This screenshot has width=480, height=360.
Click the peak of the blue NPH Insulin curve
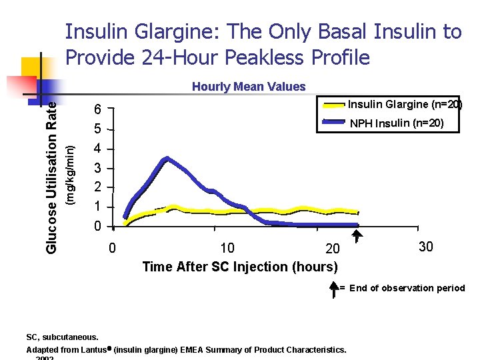pyautogui.click(x=167, y=159)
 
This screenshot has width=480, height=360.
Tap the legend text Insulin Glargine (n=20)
pyautogui.click(x=405, y=105)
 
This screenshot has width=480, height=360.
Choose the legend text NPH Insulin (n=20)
pyautogui.click(x=396, y=123)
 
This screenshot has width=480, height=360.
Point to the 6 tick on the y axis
pyautogui.click(x=98, y=110)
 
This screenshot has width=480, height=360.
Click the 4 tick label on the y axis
pyautogui.click(x=98, y=149)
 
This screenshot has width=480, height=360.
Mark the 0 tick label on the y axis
pyautogui.click(x=98, y=227)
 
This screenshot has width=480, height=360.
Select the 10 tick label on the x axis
pyautogui.click(x=227, y=249)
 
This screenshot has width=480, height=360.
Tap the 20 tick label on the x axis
pyautogui.click(x=331, y=249)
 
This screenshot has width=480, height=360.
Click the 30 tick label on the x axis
pyautogui.click(x=426, y=247)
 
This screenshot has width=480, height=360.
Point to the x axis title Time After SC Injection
pyautogui.click(x=239, y=267)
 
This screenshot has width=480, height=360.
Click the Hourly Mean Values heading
pyautogui.click(x=249, y=87)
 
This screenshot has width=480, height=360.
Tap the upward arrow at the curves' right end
pyautogui.click(x=357, y=235)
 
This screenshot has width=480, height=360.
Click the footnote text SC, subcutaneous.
pyautogui.click(x=62, y=337)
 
